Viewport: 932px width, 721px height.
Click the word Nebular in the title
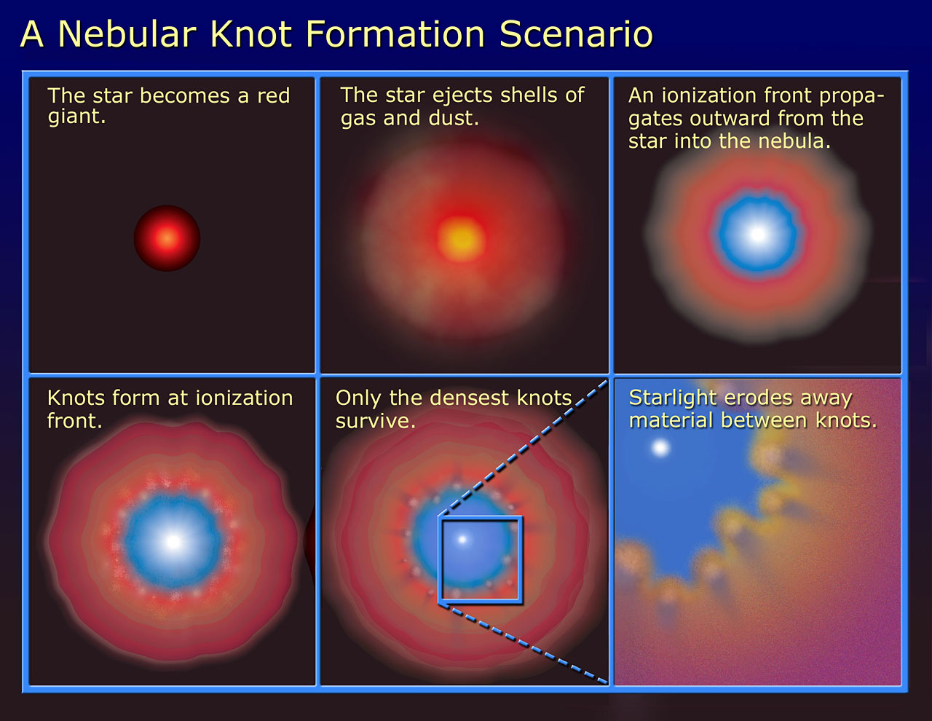tap(127, 34)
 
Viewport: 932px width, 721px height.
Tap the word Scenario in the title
tap(576, 34)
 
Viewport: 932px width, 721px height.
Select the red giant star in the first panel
tap(167, 238)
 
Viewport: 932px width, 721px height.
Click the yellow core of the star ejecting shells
tap(462, 239)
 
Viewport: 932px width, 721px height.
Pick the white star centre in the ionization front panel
tap(758, 234)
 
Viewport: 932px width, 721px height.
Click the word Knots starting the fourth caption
tap(76, 398)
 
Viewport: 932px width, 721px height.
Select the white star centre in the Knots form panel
tap(173, 542)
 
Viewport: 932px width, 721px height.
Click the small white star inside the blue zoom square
tap(462, 540)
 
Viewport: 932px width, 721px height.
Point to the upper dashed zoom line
tap(524, 447)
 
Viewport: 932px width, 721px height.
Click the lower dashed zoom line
tap(524, 642)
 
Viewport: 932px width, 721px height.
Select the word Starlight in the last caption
tap(673, 398)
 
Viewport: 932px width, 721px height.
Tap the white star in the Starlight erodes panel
tap(660, 448)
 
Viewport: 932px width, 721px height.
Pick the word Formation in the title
tap(395, 34)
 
